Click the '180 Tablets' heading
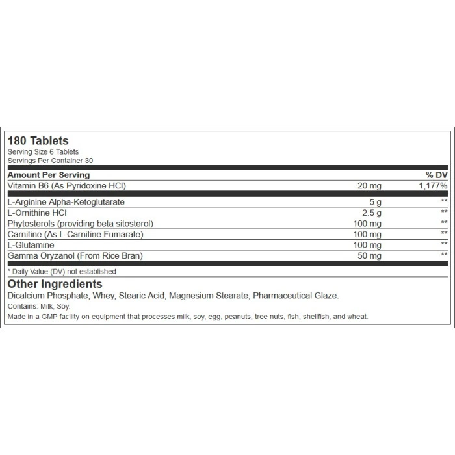click(x=38, y=140)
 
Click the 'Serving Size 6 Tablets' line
click(x=43, y=152)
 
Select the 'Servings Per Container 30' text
click(x=49, y=160)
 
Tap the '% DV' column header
click(x=435, y=175)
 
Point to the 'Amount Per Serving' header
click(x=48, y=175)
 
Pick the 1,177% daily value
click(x=432, y=186)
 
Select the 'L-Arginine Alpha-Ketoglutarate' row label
click(x=66, y=201)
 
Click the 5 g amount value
click(x=375, y=201)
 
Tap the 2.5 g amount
click(x=372, y=212)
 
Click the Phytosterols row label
click(x=80, y=223)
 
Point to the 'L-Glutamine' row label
click(x=29, y=244)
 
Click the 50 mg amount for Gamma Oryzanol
click(x=369, y=255)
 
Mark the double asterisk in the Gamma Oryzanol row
click(x=444, y=255)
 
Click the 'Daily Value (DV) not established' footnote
click(x=62, y=272)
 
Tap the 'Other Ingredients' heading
click(x=55, y=284)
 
